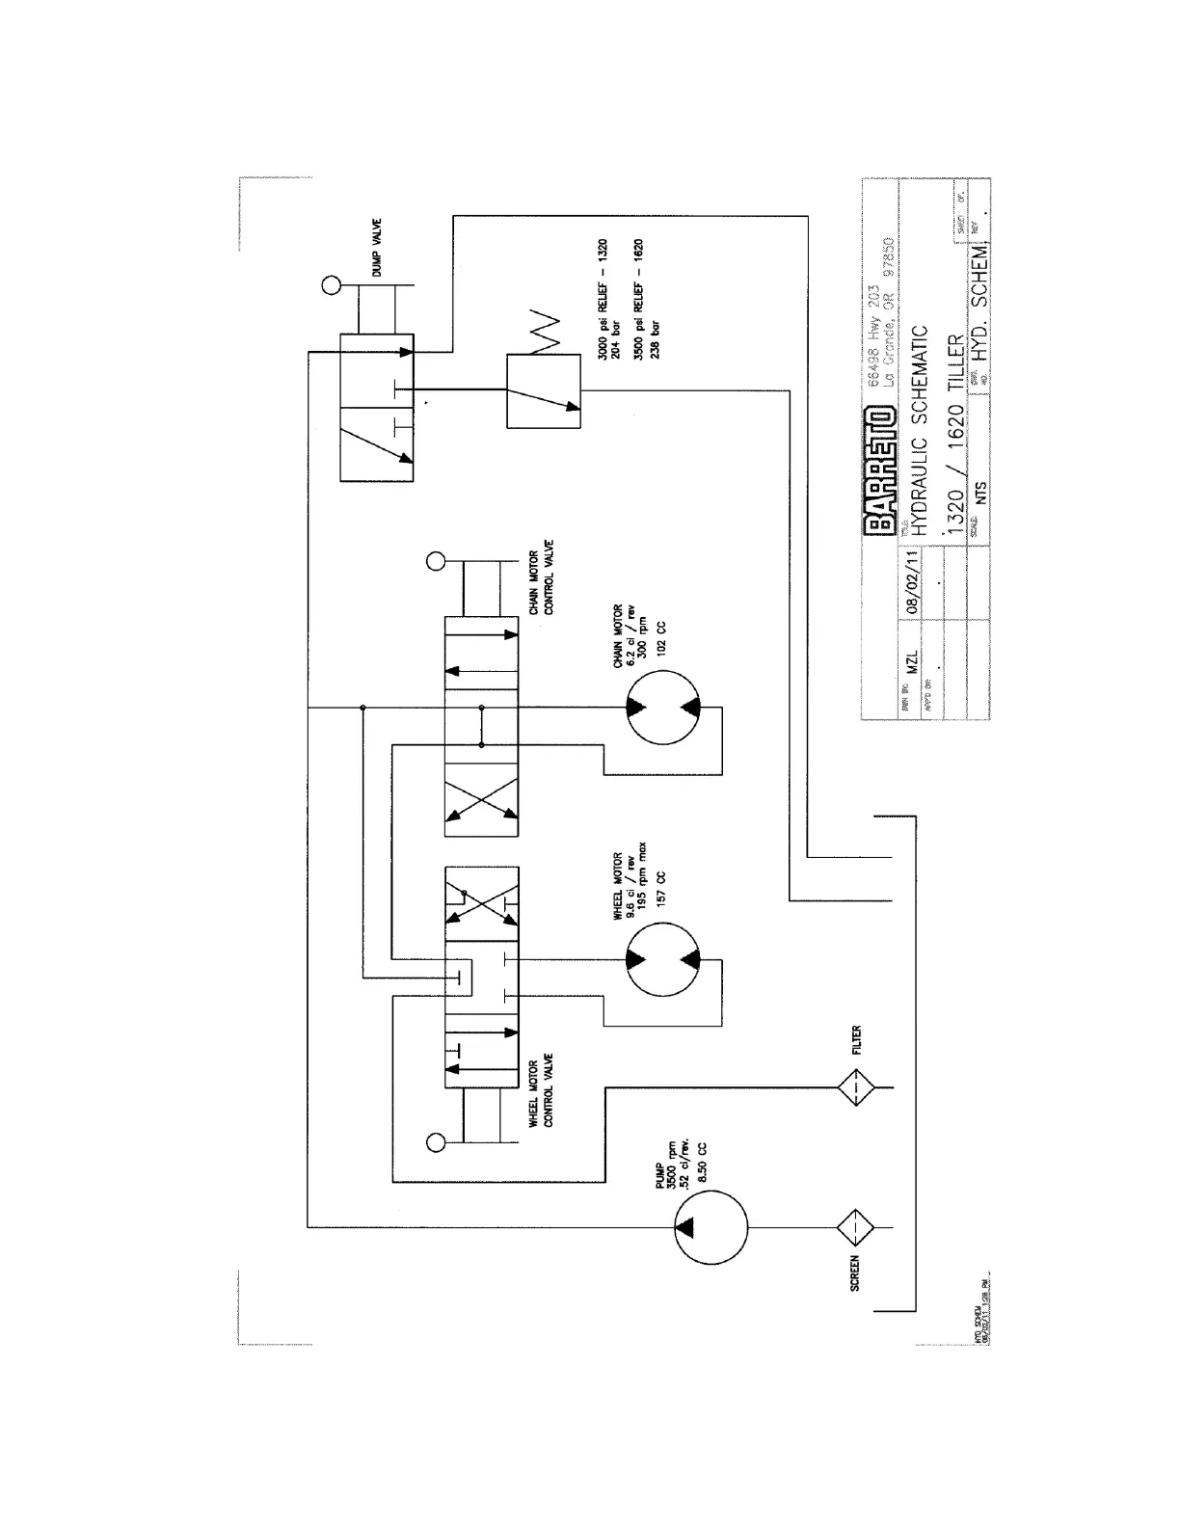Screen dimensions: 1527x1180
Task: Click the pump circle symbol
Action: pos(711,1227)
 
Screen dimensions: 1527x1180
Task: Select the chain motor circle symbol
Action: pos(663,708)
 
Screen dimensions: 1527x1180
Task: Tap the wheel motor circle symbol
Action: pos(663,960)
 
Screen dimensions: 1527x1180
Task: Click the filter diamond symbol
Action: pos(855,1088)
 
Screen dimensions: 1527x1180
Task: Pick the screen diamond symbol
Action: pos(855,1227)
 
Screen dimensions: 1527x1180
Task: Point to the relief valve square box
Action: pos(544,391)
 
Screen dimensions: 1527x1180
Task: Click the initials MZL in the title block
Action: pos(913,662)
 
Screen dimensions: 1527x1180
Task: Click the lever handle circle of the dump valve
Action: pos(332,285)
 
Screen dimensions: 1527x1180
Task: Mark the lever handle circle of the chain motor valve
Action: pos(435,560)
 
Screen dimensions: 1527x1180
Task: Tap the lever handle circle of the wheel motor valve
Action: pos(435,1143)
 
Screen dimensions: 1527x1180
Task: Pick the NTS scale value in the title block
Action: pos(980,492)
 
